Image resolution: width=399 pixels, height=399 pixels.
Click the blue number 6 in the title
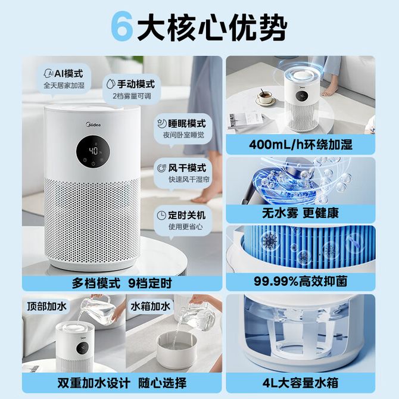[122, 27]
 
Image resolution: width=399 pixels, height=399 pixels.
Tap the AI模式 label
[68, 74]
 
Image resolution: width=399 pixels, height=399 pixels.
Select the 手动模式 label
[136, 84]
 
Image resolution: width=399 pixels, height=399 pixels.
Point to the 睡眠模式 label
[187, 124]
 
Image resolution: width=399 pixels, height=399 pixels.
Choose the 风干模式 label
[187, 168]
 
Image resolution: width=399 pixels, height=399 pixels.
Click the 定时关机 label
[187, 215]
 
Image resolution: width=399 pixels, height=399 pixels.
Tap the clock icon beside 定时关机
[161, 215]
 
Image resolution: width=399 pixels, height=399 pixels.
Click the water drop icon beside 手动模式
[111, 84]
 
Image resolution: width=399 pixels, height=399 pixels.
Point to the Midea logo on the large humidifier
[93, 124]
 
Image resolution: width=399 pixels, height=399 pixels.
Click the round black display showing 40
[93, 152]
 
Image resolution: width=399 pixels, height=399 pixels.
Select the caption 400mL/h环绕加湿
[301, 145]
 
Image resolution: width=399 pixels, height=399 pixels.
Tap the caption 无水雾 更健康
[301, 213]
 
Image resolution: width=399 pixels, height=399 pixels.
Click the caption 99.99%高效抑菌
[301, 282]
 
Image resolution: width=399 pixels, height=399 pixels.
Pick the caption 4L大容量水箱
[301, 383]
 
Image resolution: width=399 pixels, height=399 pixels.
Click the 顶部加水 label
[47, 306]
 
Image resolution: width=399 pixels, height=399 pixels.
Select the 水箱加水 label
[151, 306]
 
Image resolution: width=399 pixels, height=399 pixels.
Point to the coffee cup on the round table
[266, 98]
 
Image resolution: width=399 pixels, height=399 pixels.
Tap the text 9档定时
[150, 283]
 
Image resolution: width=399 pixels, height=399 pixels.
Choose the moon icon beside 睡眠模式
[161, 124]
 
